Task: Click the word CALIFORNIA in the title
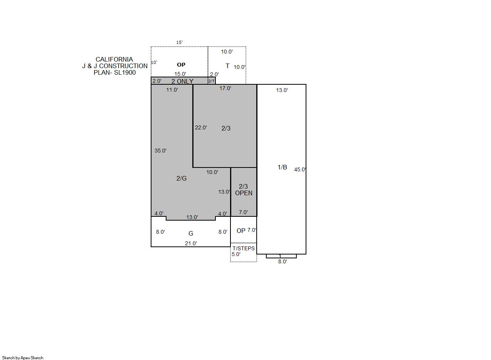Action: click(114, 59)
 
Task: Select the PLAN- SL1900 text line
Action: click(114, 72)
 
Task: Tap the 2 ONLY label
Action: click(182, 81)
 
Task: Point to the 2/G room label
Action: click(182, 179)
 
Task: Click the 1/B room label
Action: click(282, 167)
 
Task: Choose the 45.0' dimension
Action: click(300, 169)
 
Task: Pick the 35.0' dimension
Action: click(160, 151)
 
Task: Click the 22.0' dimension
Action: click(201, 127)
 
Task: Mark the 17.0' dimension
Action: click(225, 88)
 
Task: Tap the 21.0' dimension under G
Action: click(191, 243)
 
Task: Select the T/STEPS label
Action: click(244, 248)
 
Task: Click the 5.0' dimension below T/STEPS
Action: click(236, 254)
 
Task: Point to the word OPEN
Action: click(244, 193)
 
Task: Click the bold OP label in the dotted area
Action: click(181, 65)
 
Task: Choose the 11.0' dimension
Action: click(172, 90)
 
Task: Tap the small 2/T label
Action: click(211, 81)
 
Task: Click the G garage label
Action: click(191, 233)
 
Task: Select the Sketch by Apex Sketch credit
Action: click(23, 358)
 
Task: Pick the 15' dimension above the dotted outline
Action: click(179, 42)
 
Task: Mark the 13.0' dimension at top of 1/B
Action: click(282, 90)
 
